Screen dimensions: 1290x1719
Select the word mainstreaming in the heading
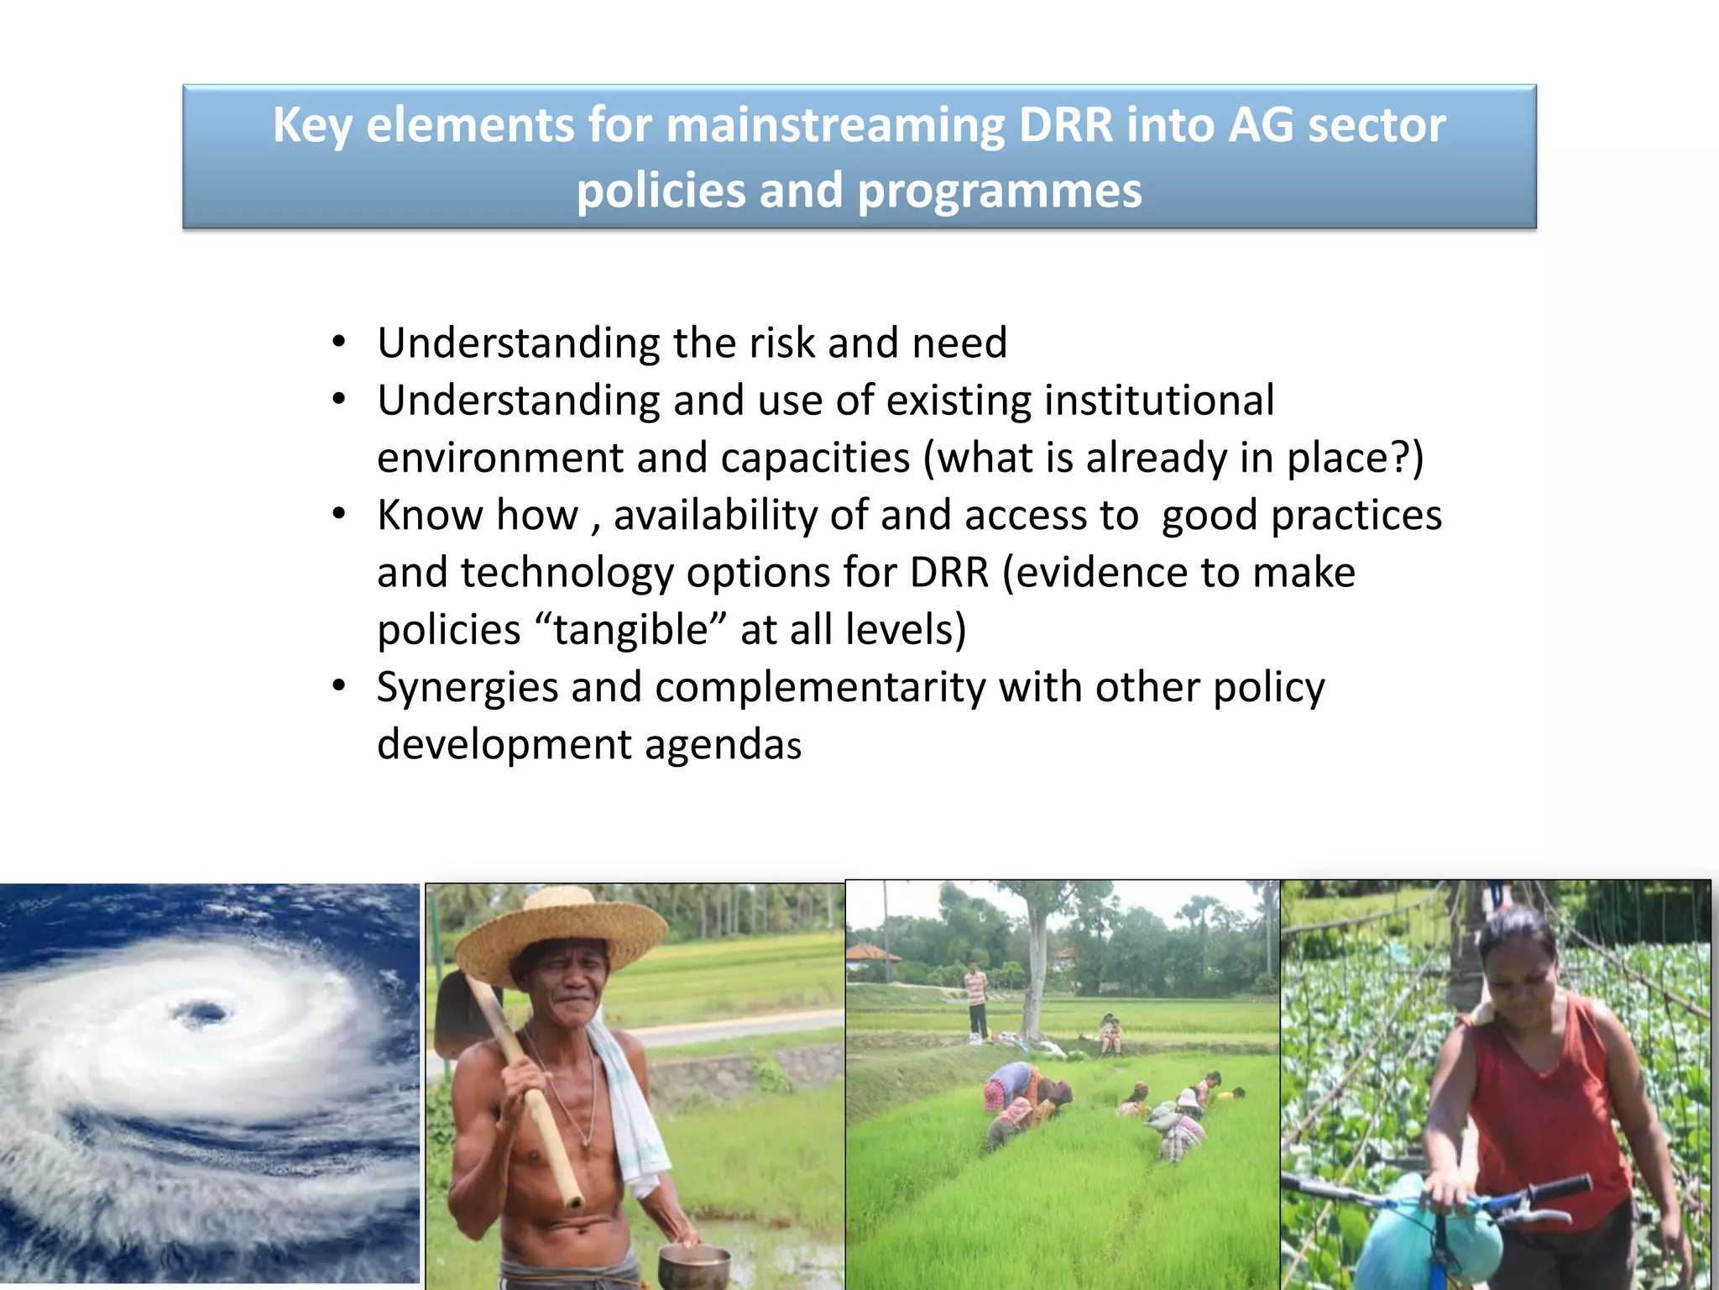click(x=835, y=126)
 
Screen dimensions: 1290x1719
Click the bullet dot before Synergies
click(x=338, y=686)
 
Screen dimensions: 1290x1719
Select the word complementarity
click(x=820, y=687)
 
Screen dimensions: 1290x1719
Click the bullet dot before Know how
click(x=338, y=514)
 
